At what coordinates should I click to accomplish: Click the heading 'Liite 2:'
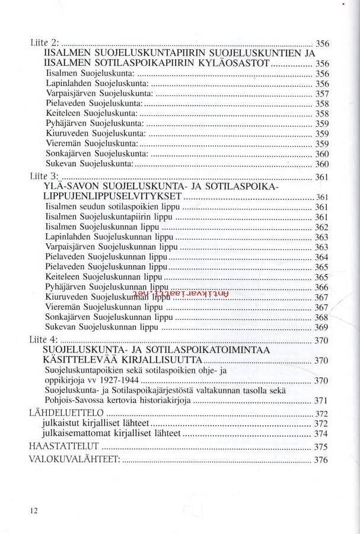tap(44, 43)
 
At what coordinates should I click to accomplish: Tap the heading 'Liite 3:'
tap(44, 176)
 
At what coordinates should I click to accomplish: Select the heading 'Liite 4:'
tap(44, 339)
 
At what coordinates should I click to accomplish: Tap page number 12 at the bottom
tap(33, 510)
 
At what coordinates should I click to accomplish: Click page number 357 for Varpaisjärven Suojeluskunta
tap(321, 94)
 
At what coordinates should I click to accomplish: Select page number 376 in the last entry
tap(321, 460)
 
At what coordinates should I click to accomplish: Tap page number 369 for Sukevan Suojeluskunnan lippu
tap(321, 328)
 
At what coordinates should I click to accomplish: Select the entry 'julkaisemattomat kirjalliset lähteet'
tap(111, 434)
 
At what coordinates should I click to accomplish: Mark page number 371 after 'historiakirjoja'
tap(321, 401)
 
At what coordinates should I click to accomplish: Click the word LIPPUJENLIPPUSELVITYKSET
tap(113, 197)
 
